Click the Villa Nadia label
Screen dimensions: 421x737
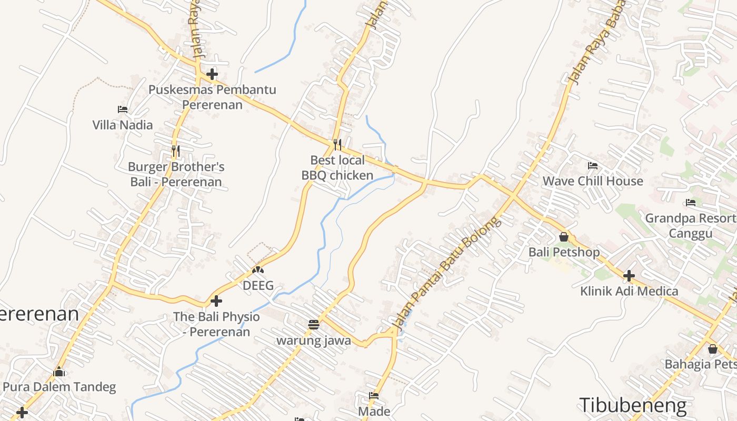click(123, 125)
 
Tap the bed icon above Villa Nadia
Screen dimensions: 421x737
click(123, 109)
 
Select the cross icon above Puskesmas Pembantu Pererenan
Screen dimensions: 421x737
click(212, 74)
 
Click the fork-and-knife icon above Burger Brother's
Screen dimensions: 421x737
click(176, 151)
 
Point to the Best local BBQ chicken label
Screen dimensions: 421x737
click(337, 167)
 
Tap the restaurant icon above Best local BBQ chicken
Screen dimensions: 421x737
click(337, 144)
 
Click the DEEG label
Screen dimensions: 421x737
click(258, 285)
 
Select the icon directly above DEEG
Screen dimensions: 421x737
click(258, 270)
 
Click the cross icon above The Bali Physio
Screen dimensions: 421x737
click(216, 302)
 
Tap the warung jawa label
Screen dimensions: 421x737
click(314, 340)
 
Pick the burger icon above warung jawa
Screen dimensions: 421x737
click(314, 325)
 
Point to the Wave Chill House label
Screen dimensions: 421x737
click(593, 181)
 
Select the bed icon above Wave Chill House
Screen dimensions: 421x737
click(593, 166)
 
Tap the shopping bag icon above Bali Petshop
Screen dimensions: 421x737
click(564, 237)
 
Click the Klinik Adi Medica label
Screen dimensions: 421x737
click(629, 291)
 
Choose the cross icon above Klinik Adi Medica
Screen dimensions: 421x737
click(629, 276)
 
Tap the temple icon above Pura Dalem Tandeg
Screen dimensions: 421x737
click(59, 372)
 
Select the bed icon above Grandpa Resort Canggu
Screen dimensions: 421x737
click(691, 203)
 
